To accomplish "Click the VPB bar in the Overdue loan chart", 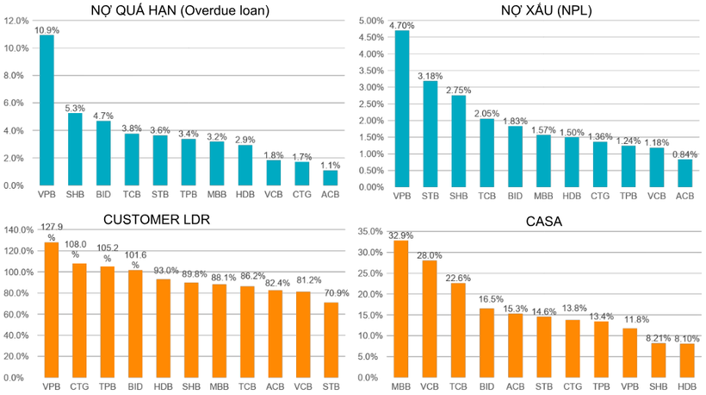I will pyautogui.click(x=46, y=110).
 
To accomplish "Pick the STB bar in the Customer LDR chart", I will pyautogui.click(x=331, y=340).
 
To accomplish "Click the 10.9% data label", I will pyautogui.click(x=46, y=29).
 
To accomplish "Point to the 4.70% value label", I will pyautogui.click(x=401, y=26).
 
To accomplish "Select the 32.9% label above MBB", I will pyautogui.click(x=401, y=235).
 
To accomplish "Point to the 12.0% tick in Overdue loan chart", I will pyautogui.click(x=15, y=21).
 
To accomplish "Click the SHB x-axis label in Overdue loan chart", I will pyautogui.click(x=75, y=196).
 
